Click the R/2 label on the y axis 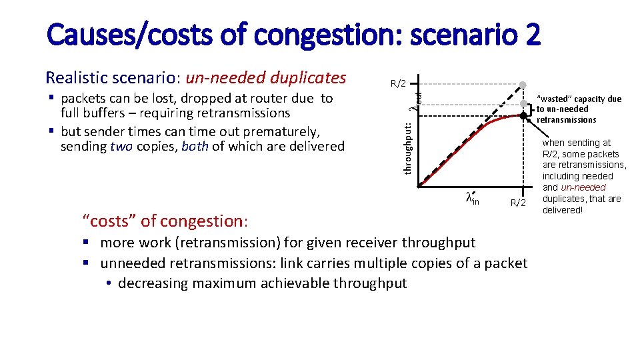(398, 84)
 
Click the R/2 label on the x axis (518, 203)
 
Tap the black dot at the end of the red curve (524, 116)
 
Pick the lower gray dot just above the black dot (524, 103)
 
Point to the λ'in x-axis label (472, 197)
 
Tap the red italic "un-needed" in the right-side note (583, 187)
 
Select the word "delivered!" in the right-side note (563, 210)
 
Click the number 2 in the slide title (532, 35)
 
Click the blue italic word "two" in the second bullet (122, 146)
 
